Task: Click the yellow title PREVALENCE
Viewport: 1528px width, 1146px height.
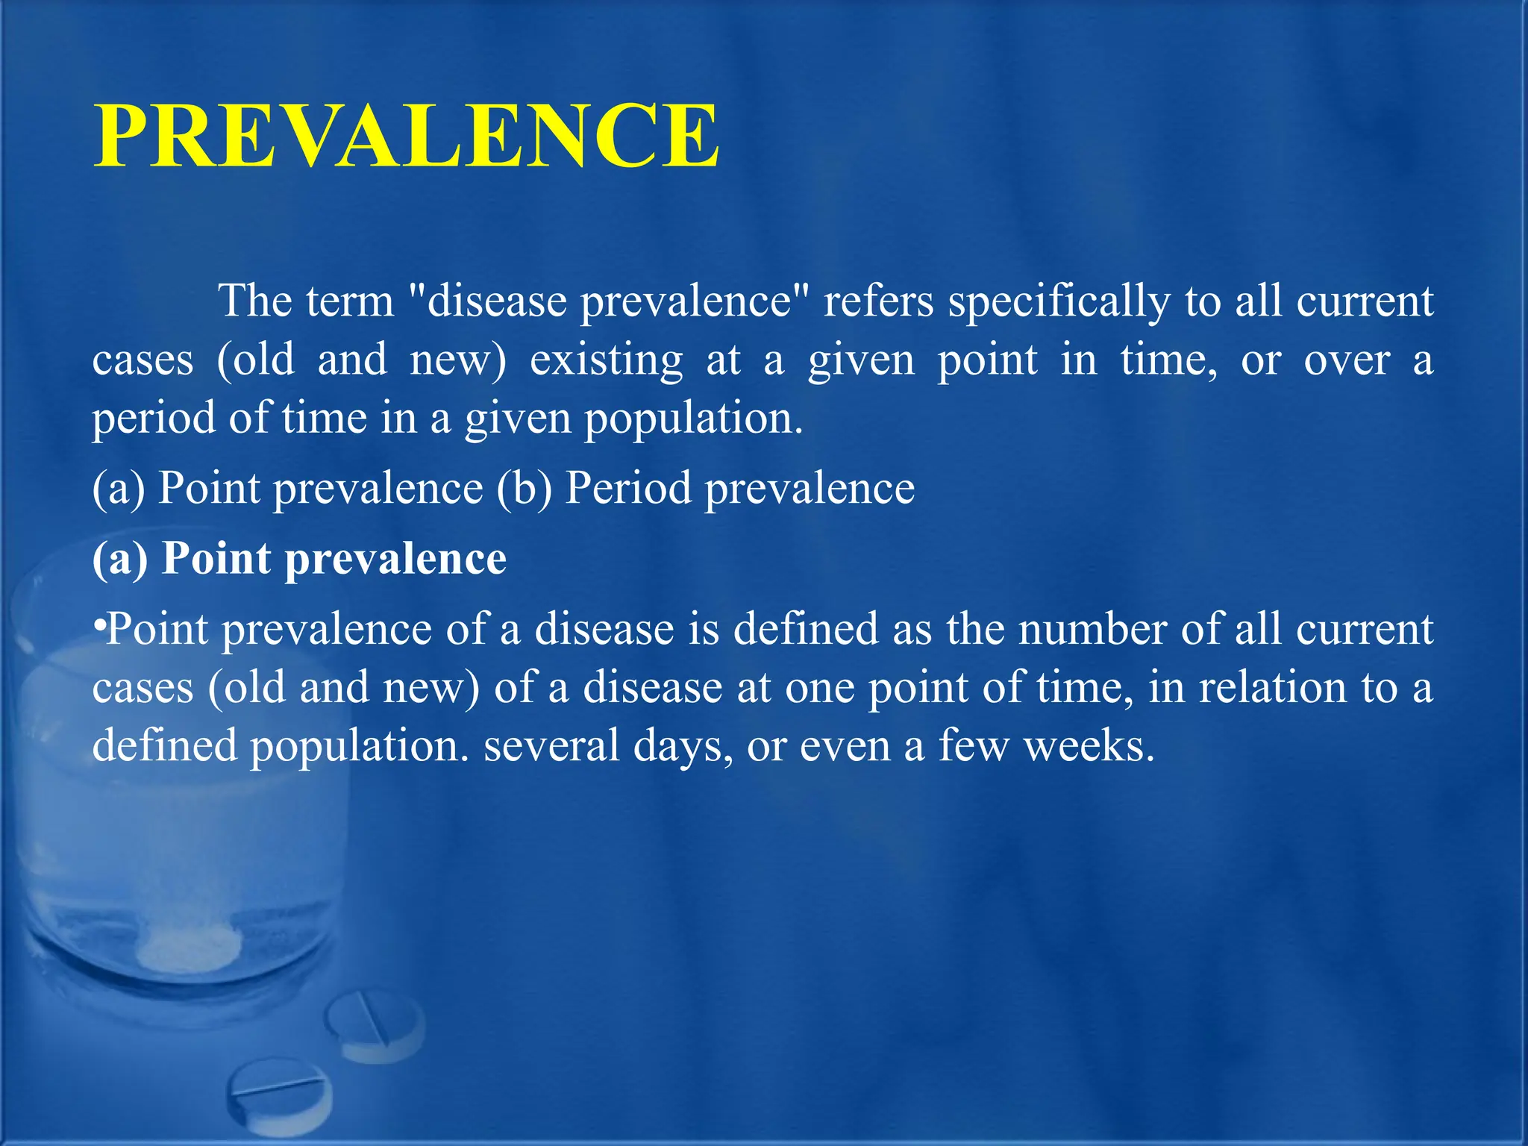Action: coord(407,137)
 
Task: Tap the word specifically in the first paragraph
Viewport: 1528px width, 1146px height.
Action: coord(1059,301)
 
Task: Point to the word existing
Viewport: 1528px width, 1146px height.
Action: coord(606,360)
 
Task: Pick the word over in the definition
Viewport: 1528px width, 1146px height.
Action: coord(1347,360)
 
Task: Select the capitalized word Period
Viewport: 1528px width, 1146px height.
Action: coord(628,489)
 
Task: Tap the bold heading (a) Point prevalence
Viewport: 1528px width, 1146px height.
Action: coord(299,558)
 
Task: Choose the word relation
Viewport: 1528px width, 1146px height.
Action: coord(1272,687)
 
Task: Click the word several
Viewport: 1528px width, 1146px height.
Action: coord(551,745)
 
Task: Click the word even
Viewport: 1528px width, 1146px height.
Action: coord(845,745)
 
